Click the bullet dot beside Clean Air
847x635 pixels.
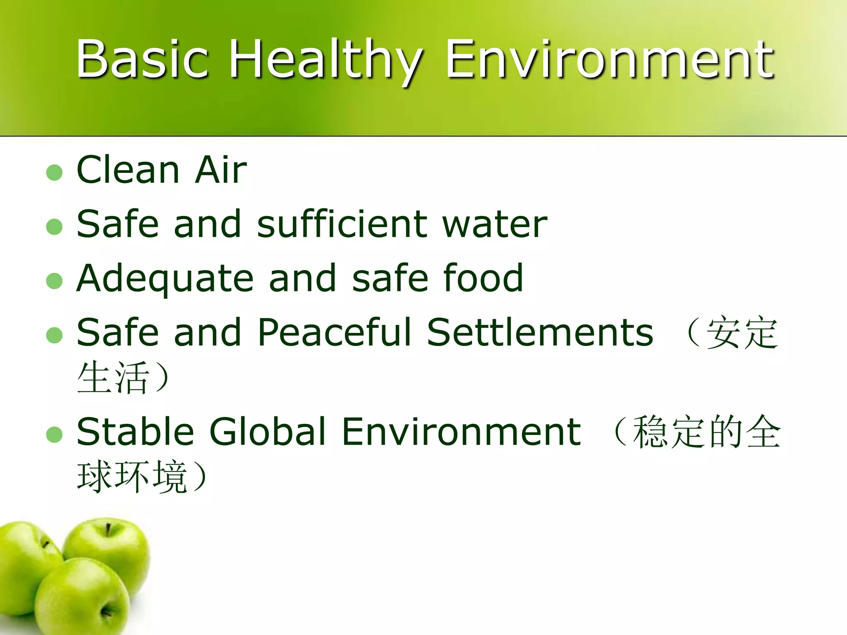point(55,172)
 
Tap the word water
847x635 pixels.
point(495,224)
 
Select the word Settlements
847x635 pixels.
point(540,332)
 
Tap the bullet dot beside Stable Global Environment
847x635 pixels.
point(55,434)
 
